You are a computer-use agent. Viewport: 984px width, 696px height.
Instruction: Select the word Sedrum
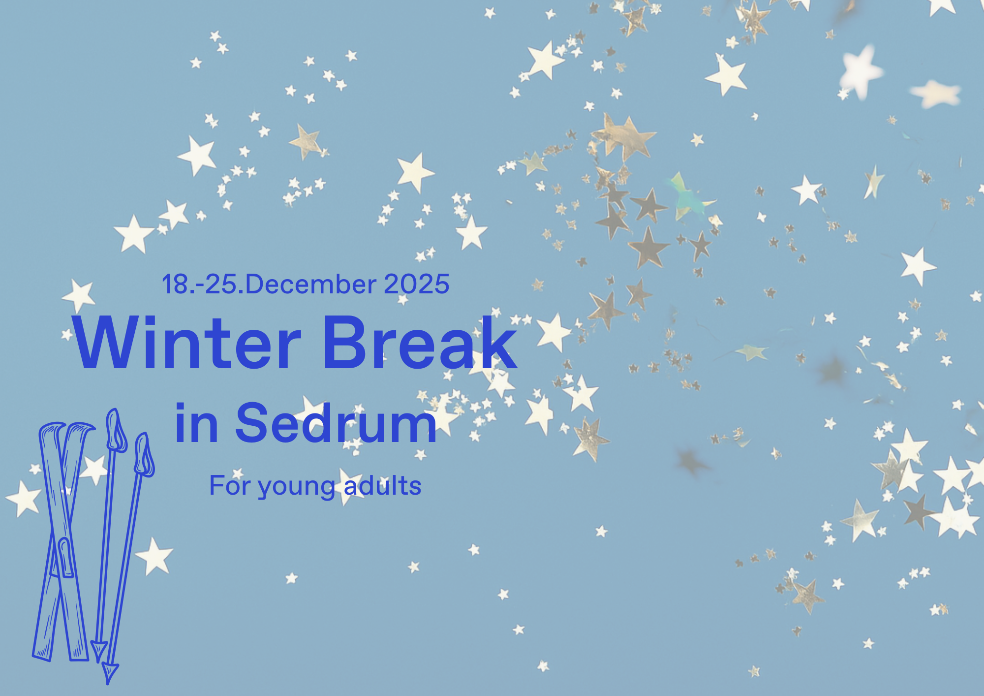336,423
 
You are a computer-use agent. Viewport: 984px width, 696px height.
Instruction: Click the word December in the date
310,284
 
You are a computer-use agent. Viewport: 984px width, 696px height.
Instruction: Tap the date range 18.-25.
202,284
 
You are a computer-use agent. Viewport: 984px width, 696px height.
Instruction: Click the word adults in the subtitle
382,485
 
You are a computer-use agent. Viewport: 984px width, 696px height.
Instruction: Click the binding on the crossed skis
64,558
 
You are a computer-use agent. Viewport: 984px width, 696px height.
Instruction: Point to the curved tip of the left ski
51,427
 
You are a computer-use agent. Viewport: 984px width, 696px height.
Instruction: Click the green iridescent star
689,197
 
